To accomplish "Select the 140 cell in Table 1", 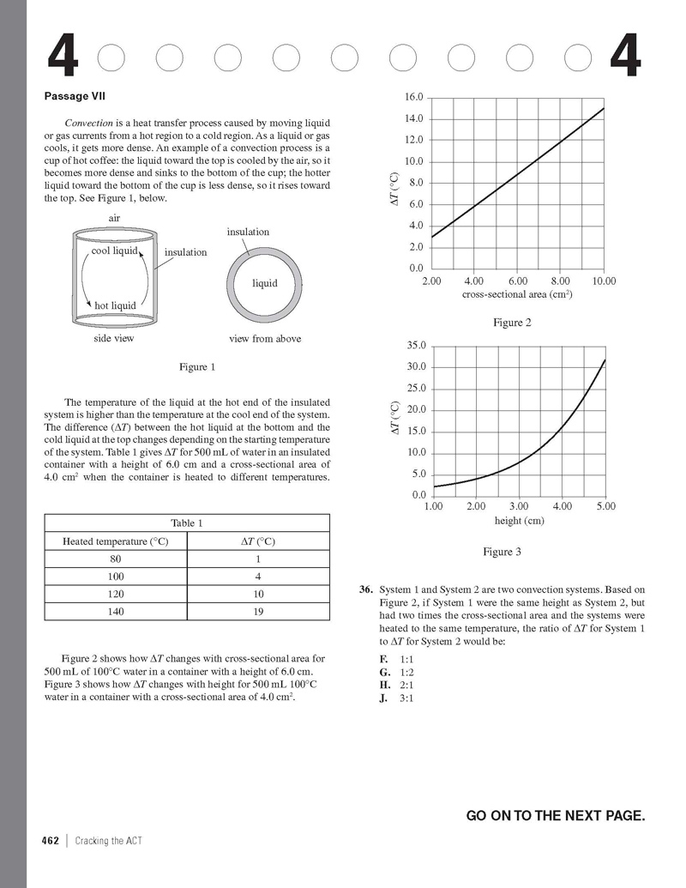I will click(116, 613).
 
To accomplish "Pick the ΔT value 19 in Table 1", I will click(258, 613).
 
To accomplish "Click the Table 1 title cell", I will click(186, 523).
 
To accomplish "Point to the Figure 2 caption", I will click(512, 323).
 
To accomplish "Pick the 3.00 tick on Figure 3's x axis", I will click(520, 507).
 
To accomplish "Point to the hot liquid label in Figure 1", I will click(115, 305).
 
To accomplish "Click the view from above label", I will click(265, 339).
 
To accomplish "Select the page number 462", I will click(51, 841).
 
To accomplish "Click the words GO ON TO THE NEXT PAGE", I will click(555, 815).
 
